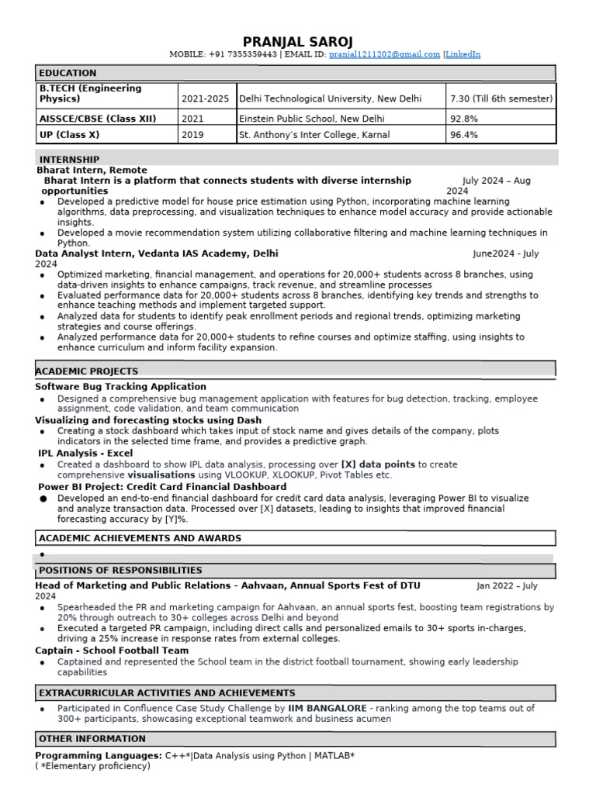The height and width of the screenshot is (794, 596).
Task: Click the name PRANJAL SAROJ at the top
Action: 297,41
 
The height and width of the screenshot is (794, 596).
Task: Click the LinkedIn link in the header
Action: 463,54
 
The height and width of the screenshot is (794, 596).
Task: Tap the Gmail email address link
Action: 384,54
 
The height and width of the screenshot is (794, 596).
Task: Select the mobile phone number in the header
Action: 242,54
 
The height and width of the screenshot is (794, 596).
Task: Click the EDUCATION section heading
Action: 68,73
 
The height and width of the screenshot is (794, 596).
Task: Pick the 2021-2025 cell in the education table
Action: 205,99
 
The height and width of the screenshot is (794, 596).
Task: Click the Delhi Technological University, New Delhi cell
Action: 331,99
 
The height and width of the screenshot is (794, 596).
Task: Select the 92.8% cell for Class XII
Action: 464,119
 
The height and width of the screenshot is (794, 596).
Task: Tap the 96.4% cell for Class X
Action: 464,135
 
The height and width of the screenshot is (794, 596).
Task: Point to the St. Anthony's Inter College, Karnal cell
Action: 314,135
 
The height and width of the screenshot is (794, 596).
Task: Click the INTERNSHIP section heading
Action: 69,159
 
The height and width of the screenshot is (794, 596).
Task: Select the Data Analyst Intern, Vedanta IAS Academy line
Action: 157,254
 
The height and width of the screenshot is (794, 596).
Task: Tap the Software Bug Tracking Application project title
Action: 120,386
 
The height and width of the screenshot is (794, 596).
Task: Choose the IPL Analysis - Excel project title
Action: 85,453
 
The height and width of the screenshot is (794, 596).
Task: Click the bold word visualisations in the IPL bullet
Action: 161,475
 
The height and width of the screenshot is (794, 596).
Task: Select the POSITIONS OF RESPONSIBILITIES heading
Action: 120,570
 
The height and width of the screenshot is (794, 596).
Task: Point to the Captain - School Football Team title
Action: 112,651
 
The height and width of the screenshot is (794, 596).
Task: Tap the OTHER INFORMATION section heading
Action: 92,739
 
